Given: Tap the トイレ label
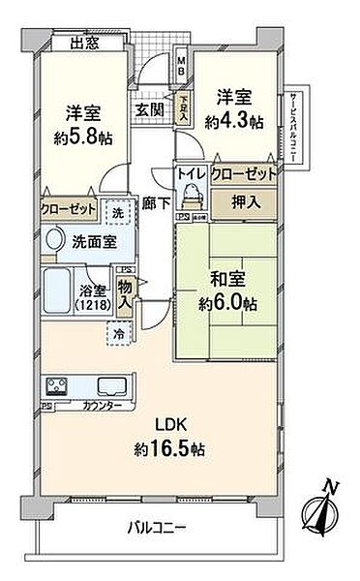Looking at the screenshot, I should coord(188,176).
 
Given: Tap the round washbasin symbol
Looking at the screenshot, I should coord(53,239).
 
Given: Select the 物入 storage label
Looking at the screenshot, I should coord(126,292).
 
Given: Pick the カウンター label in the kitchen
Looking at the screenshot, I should coord(102,404).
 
